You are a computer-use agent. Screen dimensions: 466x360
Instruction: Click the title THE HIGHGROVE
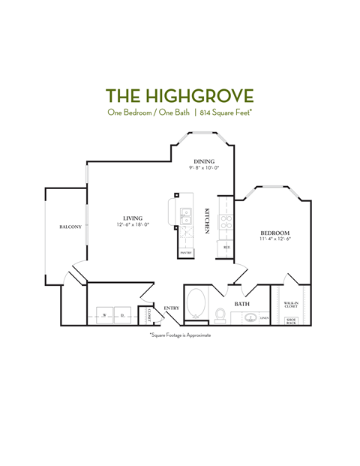pyautogui.click(x=180, y=95)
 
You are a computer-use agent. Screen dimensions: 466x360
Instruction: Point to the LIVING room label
pyautogui.click(x=133, y=218)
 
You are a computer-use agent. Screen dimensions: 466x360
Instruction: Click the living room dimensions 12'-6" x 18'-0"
pyautogui.click(x=133, y=224)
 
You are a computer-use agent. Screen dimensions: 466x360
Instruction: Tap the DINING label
pyautogui.click(x=204, y=161)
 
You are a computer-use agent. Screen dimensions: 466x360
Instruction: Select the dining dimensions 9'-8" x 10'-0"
pyautogui.click(x=204, y=168)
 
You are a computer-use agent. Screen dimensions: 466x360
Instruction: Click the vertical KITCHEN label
pyautogui.click(x=207, y=220)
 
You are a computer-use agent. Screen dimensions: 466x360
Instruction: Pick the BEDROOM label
pyautogui.click(x=275, y=233)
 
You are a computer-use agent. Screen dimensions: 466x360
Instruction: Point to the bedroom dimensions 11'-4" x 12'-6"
pyautogui.click(x=275, y=240)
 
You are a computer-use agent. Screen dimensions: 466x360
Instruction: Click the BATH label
pyautogui.click(x=241, y=304)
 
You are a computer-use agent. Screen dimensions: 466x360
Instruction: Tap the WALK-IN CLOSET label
pyautogui.click(x=291, y=305)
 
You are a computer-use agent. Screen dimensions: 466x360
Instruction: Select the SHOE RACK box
pyautogui.click(x=292, y=320)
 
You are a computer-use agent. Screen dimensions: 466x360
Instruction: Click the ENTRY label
pyautogui.click(x=172, y=308)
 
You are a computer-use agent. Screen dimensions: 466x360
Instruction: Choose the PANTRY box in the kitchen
pyautogui.click(x=186, y=253)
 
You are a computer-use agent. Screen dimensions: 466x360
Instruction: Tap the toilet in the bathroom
pyautogui.click(x=220, y=314)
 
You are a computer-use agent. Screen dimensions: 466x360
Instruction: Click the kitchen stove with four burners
pyautogui.click(x=225, y=221)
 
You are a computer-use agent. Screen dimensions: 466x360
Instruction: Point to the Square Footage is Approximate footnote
pyautogui.click(x=180, y=335)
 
